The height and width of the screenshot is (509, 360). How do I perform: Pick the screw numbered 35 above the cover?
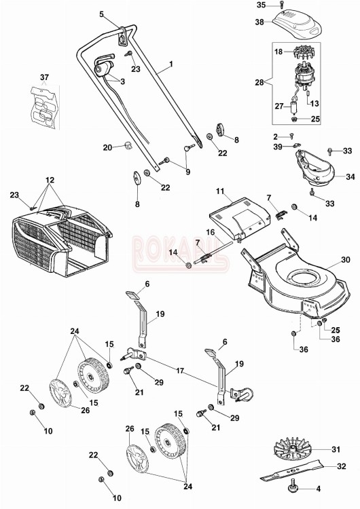click(281, 5)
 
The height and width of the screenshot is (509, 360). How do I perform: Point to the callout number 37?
click(44, 76)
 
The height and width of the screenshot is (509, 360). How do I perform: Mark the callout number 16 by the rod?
click(211, 232)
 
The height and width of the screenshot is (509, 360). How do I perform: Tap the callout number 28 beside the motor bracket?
click(259, 82)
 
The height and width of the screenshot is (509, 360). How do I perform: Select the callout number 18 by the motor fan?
click(278, 52)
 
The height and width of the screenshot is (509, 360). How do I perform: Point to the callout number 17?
click(180, 371)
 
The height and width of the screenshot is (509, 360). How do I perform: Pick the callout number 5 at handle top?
click(102, 14)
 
